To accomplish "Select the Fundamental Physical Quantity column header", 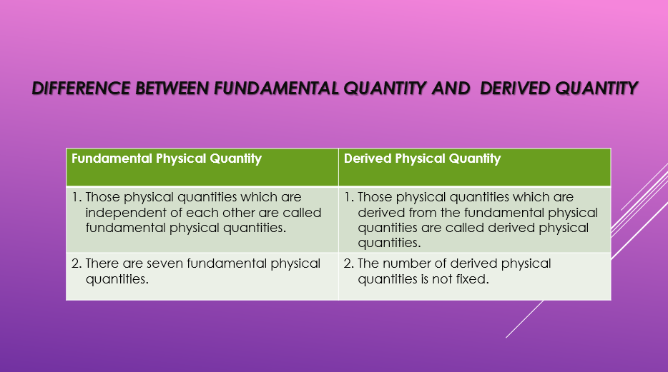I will point(167,159).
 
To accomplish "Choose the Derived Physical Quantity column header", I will point(422,159).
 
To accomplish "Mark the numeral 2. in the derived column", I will point(349,263).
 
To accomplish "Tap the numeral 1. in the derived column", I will point(349,197).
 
